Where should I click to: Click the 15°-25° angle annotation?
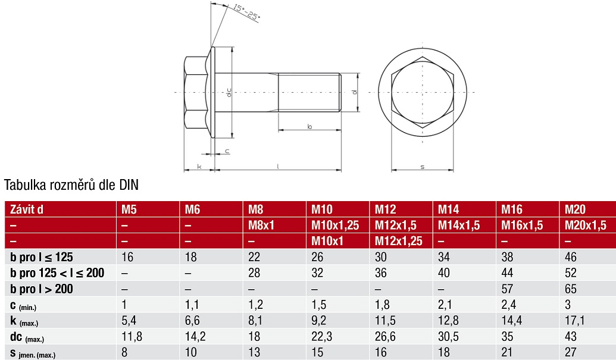(247, 12)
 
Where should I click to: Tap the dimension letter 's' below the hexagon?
(423, 167)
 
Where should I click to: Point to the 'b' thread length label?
(309, 126)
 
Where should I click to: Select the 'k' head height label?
(199, 167)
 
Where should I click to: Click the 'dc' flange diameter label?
(229, 92)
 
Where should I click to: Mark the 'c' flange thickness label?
(227, 151)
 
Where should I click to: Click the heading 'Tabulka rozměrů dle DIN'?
(71, 184)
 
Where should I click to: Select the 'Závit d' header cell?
(26, 209)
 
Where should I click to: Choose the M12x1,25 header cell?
(398, 240)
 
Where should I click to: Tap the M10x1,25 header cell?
(335, 226)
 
